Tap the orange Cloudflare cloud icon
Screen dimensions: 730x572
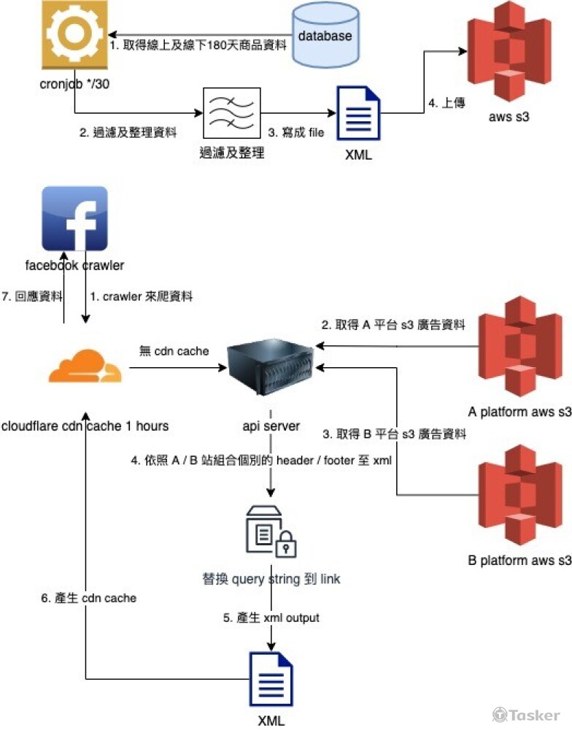coord(85,368)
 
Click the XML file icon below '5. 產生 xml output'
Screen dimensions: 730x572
coord(271,678)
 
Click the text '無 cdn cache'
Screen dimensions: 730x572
coord(174,351)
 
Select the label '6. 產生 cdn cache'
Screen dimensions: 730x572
coord(89,598)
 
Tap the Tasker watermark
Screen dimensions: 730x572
coord(526,715)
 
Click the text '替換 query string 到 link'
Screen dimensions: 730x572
coord(271,580)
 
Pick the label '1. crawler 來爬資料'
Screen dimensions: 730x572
coord(138,296)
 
